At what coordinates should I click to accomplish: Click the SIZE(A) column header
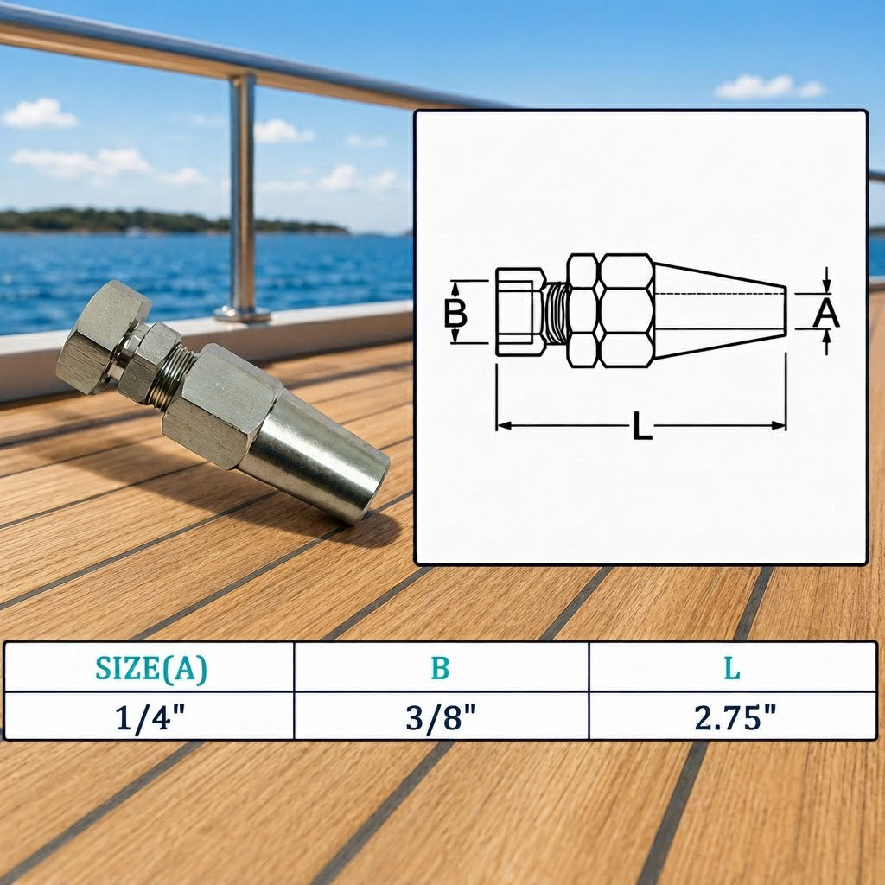coord(150,669)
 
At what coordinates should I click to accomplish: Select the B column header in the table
coord(440,668)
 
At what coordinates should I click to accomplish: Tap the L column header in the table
coord(732,668)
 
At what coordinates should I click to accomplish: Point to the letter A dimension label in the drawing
coord(826,313)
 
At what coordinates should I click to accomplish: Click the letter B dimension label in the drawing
coord(455,313)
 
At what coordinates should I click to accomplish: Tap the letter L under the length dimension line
coord(642,425)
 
